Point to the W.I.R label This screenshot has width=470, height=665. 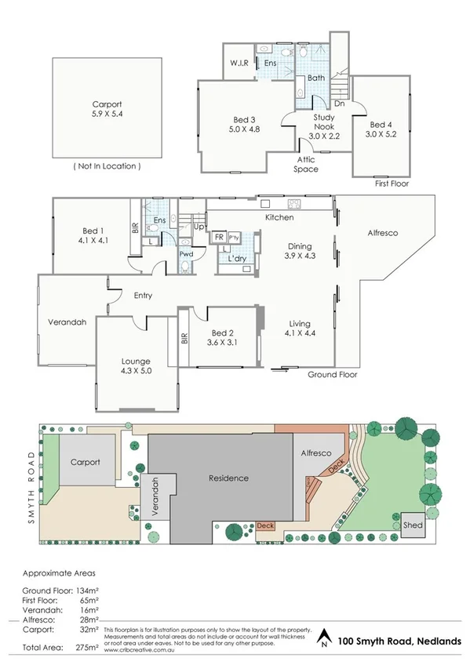[239, 64]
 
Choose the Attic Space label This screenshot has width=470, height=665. [306, 164]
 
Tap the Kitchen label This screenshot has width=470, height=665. [279, 217]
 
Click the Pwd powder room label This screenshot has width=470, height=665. [186, 254]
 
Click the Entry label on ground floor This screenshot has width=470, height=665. [142, 296]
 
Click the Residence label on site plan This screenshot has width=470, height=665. [228, 478]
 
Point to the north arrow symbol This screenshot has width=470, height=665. [323, 640]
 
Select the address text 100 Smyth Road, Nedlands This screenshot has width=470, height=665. [400, 641]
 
